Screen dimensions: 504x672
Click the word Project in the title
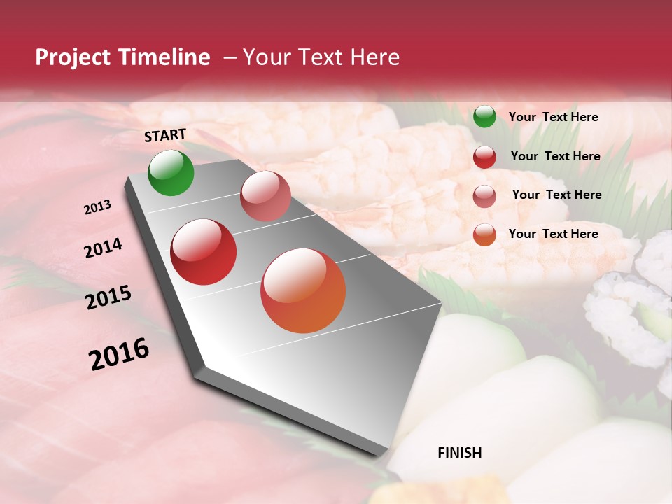73,58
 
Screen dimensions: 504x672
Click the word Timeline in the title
164,57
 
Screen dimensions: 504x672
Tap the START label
165,135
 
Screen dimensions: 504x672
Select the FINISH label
460,453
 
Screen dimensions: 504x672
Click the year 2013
98,207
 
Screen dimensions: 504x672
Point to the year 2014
103,248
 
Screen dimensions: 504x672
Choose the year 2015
108,297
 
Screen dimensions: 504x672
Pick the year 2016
119,353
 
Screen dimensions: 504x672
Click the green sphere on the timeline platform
171,172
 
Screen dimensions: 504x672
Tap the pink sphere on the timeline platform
265,196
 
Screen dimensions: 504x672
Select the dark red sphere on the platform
204,252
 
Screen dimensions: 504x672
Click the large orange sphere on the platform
303,290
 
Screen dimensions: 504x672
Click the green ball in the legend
484,116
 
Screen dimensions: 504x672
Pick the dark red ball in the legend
484,157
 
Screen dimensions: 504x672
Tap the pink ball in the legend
484,196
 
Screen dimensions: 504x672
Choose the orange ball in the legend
484,234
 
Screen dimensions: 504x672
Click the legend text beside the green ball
554,117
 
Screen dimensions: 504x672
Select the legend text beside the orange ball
554,234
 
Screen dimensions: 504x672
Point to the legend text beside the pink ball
557,195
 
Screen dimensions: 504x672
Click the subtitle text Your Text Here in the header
321,57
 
